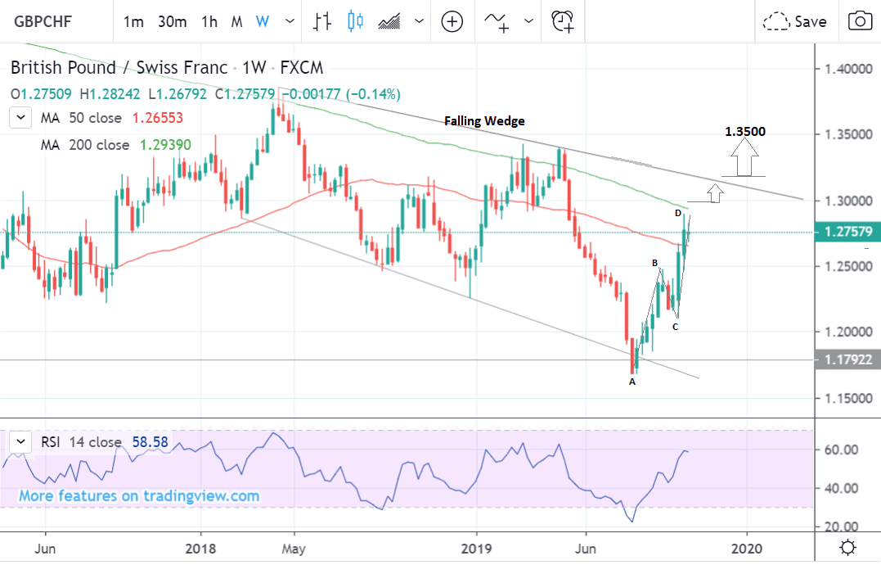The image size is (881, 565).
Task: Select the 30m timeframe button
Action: (x=172, y=22)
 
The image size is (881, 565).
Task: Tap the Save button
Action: (x=795, y=22)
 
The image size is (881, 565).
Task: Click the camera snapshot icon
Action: (x=859, y=22)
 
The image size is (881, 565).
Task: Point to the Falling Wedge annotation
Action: (x=484, y=121)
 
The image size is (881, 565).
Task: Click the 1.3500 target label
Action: (x=745, y=131)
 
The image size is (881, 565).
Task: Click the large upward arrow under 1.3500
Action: (x=744, y=158)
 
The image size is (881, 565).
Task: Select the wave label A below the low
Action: (x=632, y=381)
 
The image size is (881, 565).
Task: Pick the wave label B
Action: (x=654, y=263)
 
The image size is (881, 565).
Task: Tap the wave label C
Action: (x=675, y=327)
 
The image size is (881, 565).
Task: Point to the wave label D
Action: (x=677, y=213)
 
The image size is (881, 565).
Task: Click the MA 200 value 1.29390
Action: (x=167, y=145)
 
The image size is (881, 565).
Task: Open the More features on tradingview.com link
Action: (x=139, y=496)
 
